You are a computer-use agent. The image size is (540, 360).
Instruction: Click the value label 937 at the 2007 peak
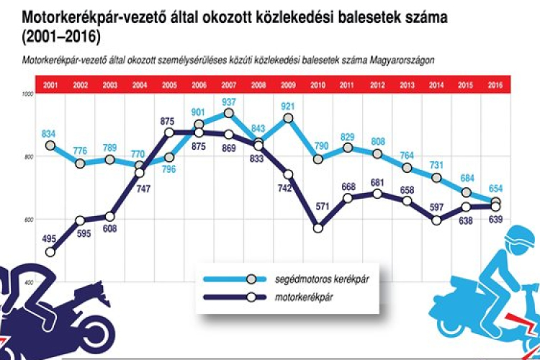click(229, 102)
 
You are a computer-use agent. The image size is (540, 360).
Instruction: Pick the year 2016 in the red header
click(496, 85)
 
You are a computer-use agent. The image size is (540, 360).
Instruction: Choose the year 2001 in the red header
click(50, 85)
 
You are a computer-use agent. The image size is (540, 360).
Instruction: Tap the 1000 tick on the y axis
click(27, 94)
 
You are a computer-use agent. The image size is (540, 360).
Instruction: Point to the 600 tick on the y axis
click(27, 220)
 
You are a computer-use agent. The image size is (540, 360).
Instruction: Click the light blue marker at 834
click(50, 145)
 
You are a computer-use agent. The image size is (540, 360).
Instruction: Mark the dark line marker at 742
click(288, 174)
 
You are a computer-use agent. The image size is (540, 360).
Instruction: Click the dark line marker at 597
click(436, 220)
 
